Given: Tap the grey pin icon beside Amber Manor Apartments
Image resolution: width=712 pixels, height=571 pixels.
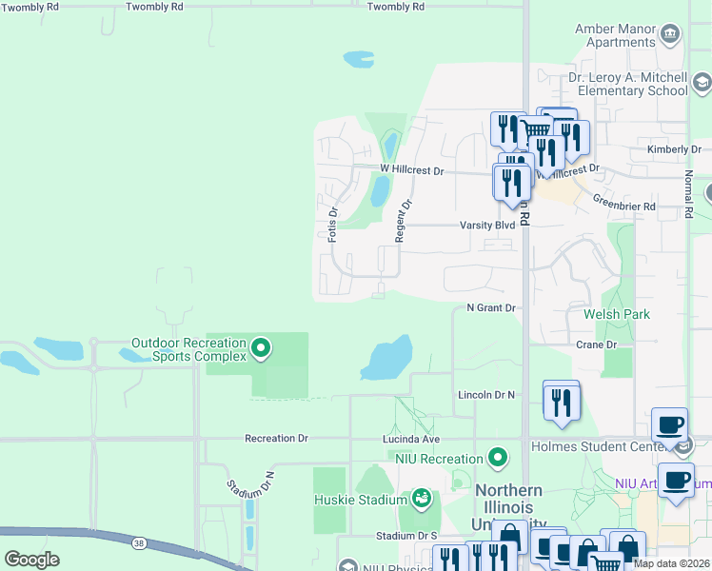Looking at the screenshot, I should (670, 35).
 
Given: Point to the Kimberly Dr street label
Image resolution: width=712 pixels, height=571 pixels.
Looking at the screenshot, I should (673, 149).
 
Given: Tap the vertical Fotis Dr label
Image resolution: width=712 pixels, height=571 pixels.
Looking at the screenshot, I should (332, 225).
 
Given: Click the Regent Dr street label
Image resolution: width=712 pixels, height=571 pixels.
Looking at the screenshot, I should (405, 219).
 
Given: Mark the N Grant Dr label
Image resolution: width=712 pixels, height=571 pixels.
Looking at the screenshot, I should (490, 308).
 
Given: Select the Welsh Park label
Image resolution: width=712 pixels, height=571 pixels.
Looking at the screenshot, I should (609, 314).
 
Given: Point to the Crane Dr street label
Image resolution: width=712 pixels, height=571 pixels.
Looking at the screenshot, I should (597, 345).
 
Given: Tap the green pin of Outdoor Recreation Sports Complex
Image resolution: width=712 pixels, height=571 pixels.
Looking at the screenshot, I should (261, 349).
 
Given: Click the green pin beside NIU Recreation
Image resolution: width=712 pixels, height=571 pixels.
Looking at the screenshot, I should (497, 459).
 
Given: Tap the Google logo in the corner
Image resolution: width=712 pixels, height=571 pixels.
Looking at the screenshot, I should (31, 559).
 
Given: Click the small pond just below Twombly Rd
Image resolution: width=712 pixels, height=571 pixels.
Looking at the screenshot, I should (358, 60).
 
